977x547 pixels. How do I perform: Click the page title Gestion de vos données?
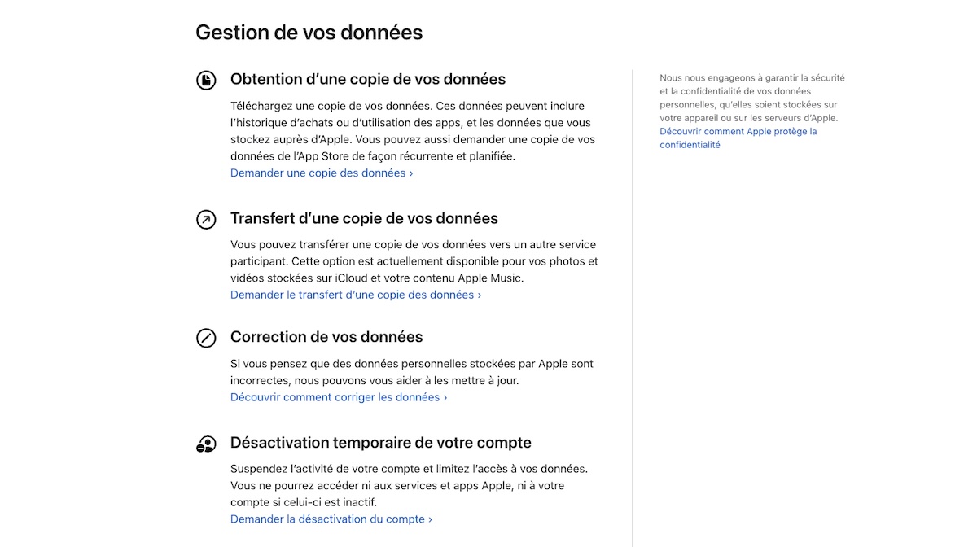[x=309, y=33]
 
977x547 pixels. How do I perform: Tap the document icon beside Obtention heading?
[x=206, y=80]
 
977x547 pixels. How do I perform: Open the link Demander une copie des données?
[x=321, y=173]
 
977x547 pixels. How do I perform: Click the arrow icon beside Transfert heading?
[x=206, y=219]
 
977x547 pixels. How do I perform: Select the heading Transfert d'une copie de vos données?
[x=364, y=218]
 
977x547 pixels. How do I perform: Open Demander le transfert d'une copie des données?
[x=355, y=295]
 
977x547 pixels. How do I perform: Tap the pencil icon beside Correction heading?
[x=206, y=338]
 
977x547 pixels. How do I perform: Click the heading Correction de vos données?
[x=326, y=337]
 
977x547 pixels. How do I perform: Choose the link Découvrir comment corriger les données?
[x=339, y=397]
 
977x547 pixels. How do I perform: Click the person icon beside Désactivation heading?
[x=206, y=444]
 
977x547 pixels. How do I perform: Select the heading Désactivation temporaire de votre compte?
[x=380, y=443]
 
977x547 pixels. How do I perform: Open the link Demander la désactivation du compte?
[x=331, y=519]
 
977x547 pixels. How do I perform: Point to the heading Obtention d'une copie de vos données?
[x=368, y=79]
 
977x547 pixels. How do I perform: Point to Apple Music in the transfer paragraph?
[x=490, y=278]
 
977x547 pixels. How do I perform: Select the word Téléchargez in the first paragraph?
[x=263, y=106]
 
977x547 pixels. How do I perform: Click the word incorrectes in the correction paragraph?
[x=261, y=380]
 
